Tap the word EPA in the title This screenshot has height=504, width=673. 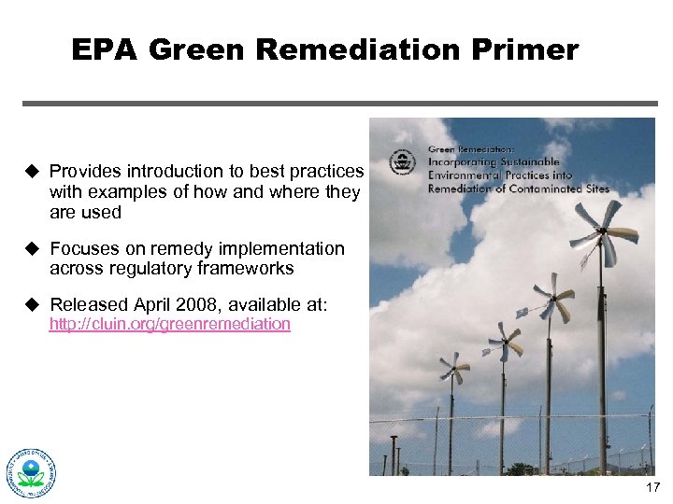(x=104, y=49)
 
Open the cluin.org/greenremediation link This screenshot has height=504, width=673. (x=169, y=324)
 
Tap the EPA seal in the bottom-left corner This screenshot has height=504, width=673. (x=32, y=472)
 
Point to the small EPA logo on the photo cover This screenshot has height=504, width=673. (x=403, y=161)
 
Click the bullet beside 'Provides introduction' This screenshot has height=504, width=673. (x=31, y=171)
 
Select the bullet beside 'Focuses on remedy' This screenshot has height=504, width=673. (x=31, y=248)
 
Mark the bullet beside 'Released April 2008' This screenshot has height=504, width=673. (x=31, y=304)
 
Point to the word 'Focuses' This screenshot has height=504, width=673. (x=83, y=248)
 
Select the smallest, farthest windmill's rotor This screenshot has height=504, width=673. (x=455, y=368)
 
